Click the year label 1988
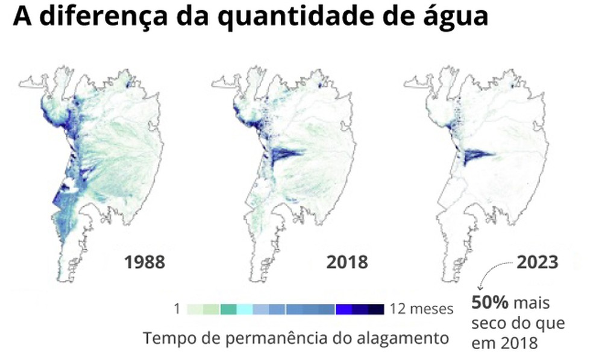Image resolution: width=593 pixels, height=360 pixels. pyautogui.click(x=145, y=262)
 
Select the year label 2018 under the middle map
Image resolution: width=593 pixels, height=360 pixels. pyautogui.click(x=347, y=262)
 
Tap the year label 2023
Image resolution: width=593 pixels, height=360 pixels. pyautogui.click(x=536, y=262)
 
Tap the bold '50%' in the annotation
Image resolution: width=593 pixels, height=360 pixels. pyautogui.click(x=488, y=302)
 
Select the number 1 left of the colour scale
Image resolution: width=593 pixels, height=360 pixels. pyautogui.click(x=177, y=309)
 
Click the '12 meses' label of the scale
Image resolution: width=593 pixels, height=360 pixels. pyautogui.click(x=421, y=309)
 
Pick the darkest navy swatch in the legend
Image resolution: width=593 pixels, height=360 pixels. pyautogui.click(x=376, y=309)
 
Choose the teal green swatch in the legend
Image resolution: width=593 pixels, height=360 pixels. pyautogui.click(x=228, y=309)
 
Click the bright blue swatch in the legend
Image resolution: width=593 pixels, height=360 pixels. pyautogui.click(x=344, y=309)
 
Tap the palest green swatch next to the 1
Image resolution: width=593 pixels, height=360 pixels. pyautogui.click(x=195, y=309)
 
